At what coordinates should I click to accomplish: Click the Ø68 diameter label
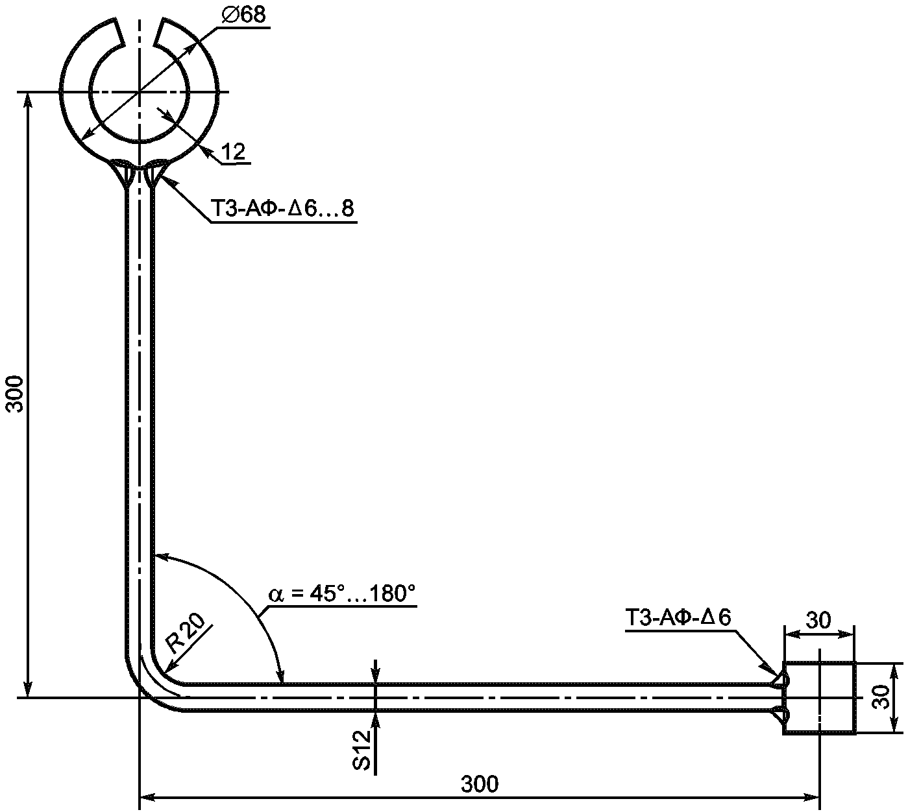coord(244,15)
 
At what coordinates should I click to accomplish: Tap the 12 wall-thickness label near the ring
coord(234,152)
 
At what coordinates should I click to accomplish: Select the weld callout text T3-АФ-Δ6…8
coord(282,208)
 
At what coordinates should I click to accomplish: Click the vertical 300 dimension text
coord(16,394)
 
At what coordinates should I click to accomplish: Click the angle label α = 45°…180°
coord(342,594)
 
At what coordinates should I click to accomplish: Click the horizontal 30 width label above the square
coord(818,620)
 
